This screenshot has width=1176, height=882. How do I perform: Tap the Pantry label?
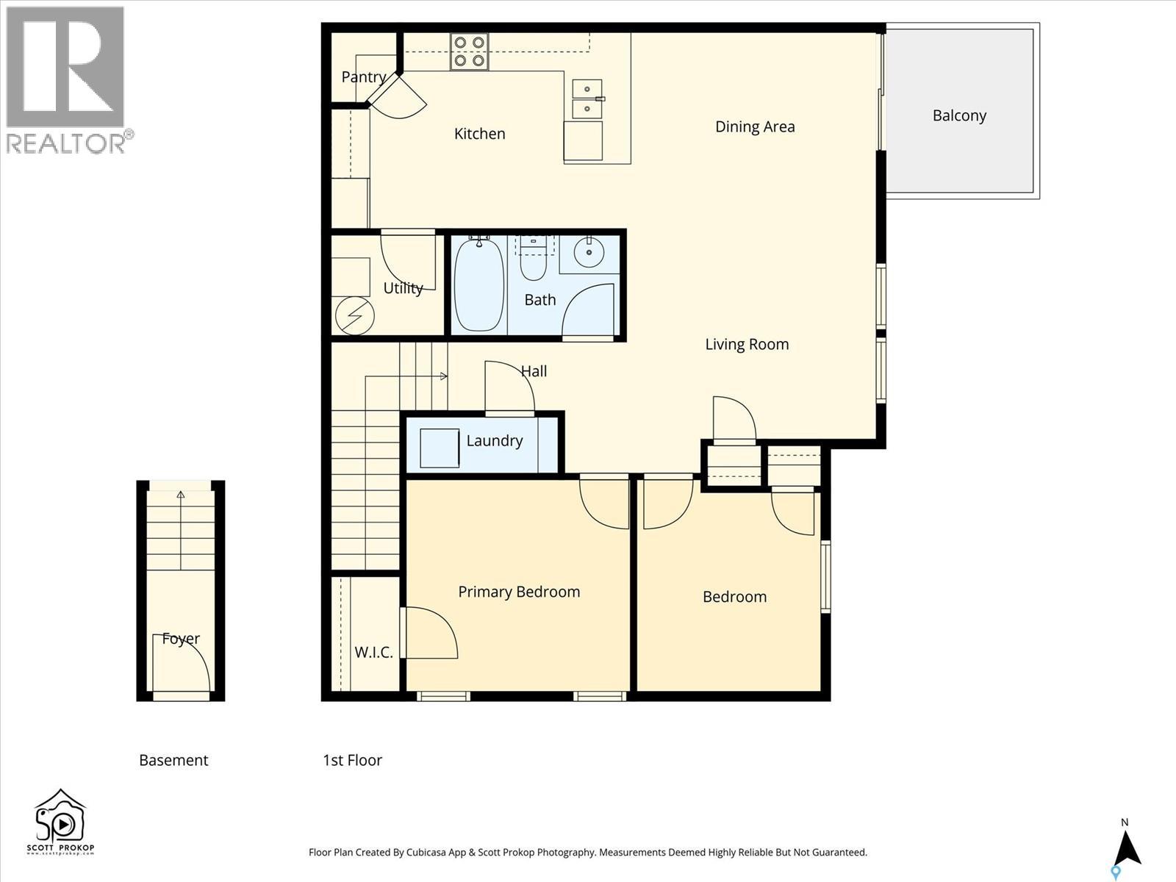pos(363,77)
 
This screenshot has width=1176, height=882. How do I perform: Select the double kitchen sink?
pos(587,98)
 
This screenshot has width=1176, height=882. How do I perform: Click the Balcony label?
pos(959,115)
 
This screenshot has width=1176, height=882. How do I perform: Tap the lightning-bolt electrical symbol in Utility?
pos(354,316)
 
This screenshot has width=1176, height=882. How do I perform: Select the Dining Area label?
pos(755,126)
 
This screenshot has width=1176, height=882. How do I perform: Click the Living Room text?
pos(747,344)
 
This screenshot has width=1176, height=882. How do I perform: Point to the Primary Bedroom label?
pos(519,592)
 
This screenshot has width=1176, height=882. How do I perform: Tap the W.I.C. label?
pos(373,652)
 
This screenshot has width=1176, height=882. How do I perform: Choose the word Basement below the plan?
pos(173,760)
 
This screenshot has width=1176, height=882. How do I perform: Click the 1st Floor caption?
pos(352,760)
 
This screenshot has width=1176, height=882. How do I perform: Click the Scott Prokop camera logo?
pos(60,822)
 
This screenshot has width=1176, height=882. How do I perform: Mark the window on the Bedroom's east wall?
pos(825,577)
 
